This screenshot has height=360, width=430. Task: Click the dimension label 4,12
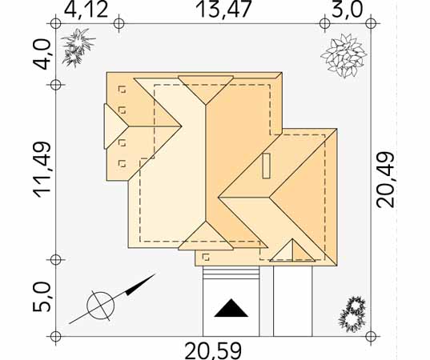86,10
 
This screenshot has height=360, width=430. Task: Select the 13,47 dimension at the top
223,10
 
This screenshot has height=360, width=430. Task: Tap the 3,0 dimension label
348,10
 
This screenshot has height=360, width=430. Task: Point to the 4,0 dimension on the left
42,54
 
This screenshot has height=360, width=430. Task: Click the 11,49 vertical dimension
42,170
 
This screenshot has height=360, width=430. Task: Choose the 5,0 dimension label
42,297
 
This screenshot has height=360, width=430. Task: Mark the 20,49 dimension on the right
385,179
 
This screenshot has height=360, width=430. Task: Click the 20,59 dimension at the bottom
213,350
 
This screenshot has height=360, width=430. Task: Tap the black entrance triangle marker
231,308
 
